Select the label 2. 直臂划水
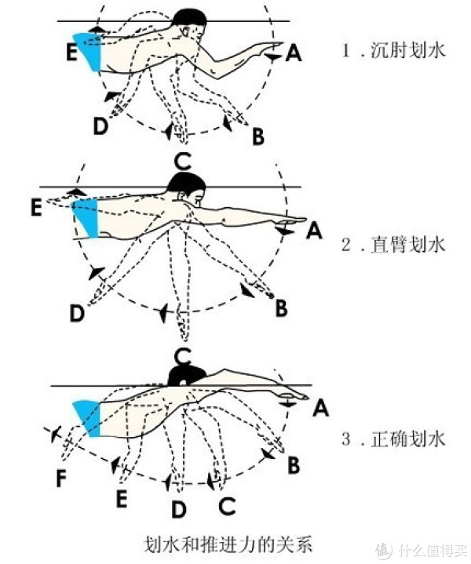(x=393, y=244)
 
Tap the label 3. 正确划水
(x=393, y=438)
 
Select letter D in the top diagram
(x=100, y=126)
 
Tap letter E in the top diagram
(x=71, y=52)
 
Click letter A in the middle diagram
(x=314, y=231)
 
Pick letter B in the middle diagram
(x=281, y=308)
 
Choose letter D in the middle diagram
(x=77, y=314)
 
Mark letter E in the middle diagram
(x=35, y=208)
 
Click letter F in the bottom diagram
(x=60, y=478)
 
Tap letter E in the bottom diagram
(x=121, y=497)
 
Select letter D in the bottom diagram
(x=180, y=510)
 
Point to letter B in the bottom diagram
(x=294, y=465)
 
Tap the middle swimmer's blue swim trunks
(x=86, y=217)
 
